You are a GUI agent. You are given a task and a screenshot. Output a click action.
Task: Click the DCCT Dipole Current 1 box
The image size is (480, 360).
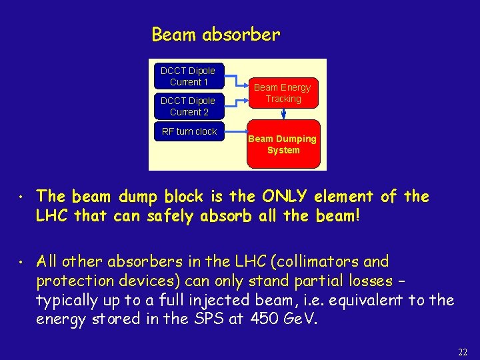tap(189, 76)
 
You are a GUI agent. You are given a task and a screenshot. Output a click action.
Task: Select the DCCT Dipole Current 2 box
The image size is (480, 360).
tap(189, 106)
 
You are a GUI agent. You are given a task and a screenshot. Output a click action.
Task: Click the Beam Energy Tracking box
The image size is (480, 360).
tap(283, 93)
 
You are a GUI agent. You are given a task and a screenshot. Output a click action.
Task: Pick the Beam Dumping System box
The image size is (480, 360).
tap(283, 144)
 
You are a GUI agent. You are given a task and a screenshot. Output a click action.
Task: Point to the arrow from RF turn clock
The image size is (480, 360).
tap(236, 131)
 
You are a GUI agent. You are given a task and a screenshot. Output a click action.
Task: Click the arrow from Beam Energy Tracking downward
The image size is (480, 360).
tap(283, 114)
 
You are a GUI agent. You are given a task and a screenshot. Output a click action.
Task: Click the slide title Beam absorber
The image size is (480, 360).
tap(216, 34)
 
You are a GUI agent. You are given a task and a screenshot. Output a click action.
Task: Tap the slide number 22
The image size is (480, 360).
tap(463, 351)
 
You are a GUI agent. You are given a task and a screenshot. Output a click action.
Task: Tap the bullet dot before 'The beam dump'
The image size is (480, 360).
tap(22, 198)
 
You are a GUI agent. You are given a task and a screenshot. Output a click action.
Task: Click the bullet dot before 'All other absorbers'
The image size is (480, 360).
tap(22, 263)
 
